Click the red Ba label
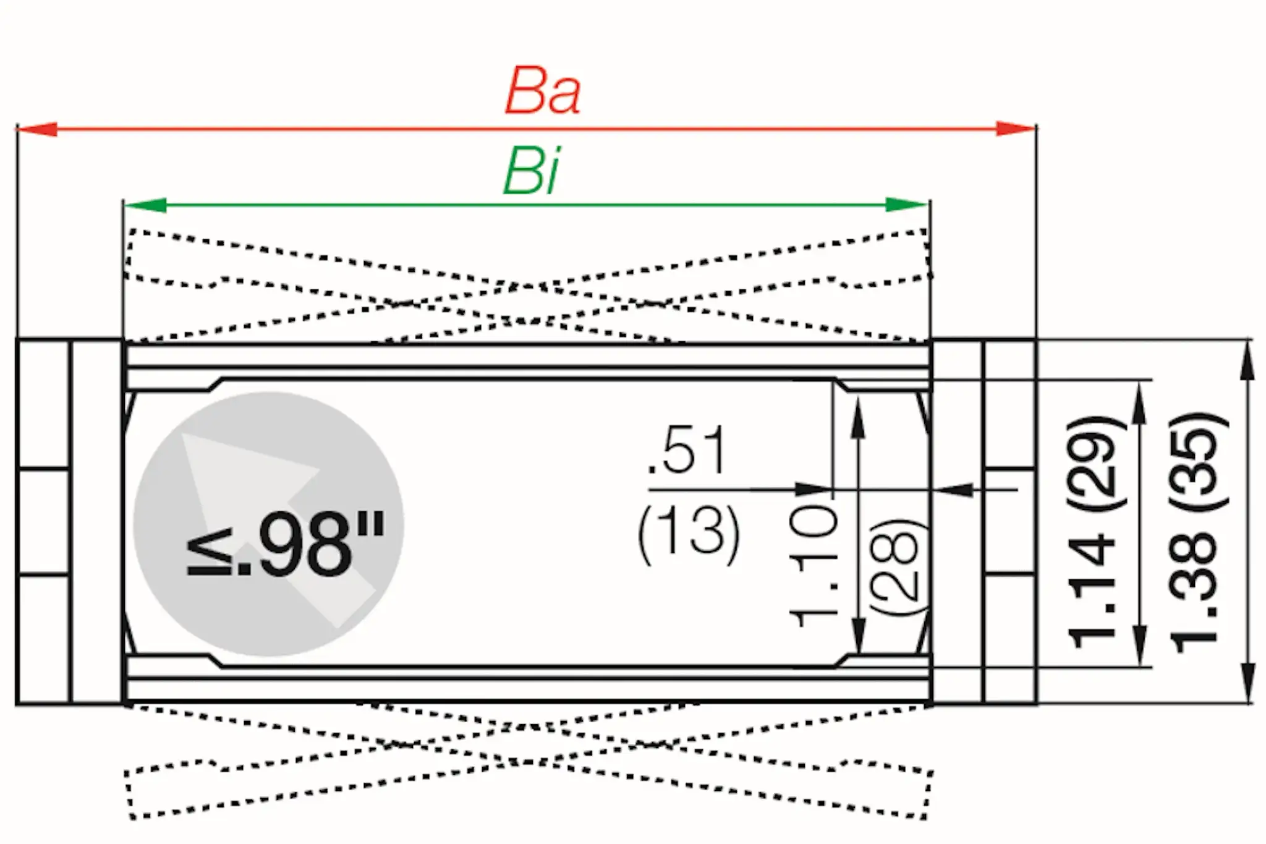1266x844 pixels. coord(543,93)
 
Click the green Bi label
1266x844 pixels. coord(532,173)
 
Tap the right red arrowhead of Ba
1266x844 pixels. coord(1015,129)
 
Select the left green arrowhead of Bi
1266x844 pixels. coord(146,205)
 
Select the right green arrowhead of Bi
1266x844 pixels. coord(906,205)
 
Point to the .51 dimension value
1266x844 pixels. coord(687,450)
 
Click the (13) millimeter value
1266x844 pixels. coord(688,533)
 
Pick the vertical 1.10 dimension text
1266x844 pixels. coord(814,566)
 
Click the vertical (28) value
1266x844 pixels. coord(898,566)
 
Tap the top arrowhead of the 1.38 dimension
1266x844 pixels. coord(1247,359)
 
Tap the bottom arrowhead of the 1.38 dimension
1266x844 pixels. coord(1247,684)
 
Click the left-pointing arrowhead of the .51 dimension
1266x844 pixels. coord(954,490)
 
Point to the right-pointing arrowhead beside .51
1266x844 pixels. coord(813,490)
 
